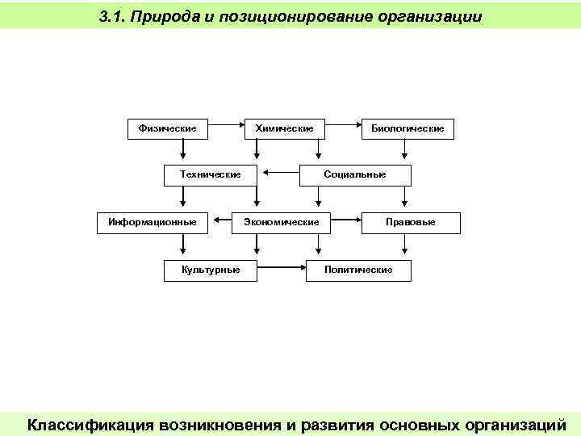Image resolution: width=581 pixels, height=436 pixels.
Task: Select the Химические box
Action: [284, 128]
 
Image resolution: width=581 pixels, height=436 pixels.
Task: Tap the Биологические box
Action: [407, 128]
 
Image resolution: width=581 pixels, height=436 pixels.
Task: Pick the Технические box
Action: [210, 174]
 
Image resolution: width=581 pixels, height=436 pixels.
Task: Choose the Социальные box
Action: [355, 174]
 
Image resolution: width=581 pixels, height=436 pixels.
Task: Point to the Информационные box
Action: [147, 222]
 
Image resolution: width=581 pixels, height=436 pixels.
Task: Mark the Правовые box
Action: [410, 222]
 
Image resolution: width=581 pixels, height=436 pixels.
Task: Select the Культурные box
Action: [211, 269]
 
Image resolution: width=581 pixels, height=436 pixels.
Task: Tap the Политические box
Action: [358, 269]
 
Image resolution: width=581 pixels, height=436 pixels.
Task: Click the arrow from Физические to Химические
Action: [226, 125]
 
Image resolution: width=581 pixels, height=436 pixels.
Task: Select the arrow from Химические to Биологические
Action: [342, 125]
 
